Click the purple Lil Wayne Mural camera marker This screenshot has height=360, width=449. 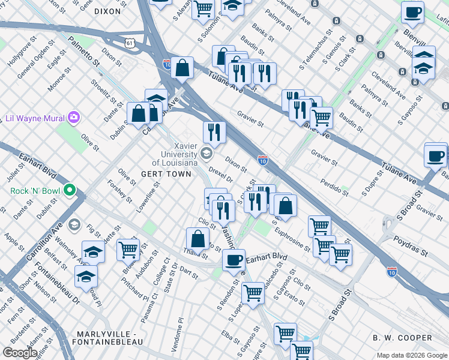click(74, 117)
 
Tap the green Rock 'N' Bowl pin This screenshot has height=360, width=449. click(70, 191)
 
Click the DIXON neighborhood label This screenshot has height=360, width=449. click(107, 11)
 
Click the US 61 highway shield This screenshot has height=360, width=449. click(130, 43)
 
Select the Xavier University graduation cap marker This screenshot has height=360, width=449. click(206, 153)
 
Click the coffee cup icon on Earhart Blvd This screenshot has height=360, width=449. click(234, 261)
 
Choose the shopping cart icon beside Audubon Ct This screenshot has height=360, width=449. click(128, 248)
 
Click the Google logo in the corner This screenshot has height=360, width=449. click(20, 353)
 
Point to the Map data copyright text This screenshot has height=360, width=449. click(411, 355)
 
